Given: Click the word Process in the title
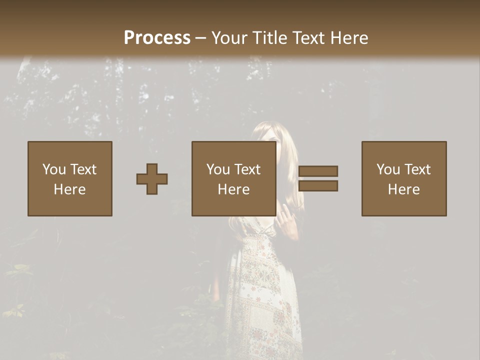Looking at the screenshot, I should point(157,37).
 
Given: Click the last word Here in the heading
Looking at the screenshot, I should point(349,37).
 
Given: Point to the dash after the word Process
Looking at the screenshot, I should point(200,38).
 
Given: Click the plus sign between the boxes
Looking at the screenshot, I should point(152,178).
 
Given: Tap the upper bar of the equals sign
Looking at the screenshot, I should point(318,171).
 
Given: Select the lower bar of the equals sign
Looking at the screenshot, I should point(318,186).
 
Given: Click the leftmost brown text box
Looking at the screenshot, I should point(69,150).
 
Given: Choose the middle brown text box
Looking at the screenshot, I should point(233,150).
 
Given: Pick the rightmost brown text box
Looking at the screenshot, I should point(403,150).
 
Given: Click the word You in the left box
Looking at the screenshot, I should point(53,169).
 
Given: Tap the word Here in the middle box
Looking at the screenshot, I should point(233,189).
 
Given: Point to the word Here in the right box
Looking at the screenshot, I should point(403,189).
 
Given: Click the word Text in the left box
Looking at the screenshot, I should point(83,169).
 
